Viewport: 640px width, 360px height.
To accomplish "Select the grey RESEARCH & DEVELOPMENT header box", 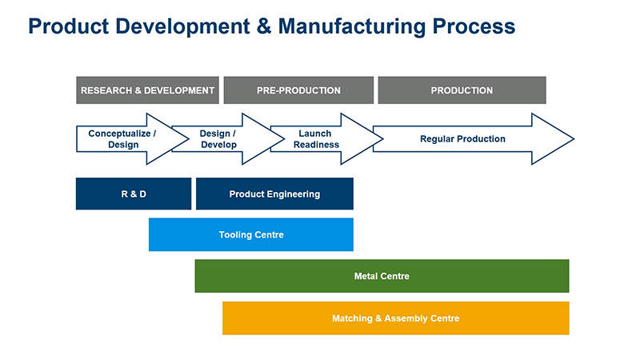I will (147, 90).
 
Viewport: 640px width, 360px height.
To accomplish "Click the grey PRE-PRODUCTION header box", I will (298, 90).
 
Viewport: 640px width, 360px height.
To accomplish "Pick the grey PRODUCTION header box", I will (462, 90).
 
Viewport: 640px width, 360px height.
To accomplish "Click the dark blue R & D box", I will (134, 194).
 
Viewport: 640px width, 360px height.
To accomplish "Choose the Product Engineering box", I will (274, 194).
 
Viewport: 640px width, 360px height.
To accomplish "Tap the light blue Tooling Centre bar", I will (250, 234).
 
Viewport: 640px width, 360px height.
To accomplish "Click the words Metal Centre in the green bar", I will (382, 276).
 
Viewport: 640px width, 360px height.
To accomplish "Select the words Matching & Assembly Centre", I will (395, 318).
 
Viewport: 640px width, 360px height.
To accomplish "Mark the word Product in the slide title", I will (65, 26).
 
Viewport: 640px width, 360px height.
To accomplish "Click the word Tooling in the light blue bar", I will (236, 234).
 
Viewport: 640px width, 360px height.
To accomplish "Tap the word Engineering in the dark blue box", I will (293, 194).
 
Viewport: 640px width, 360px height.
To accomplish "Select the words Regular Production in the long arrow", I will (462, 139).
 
